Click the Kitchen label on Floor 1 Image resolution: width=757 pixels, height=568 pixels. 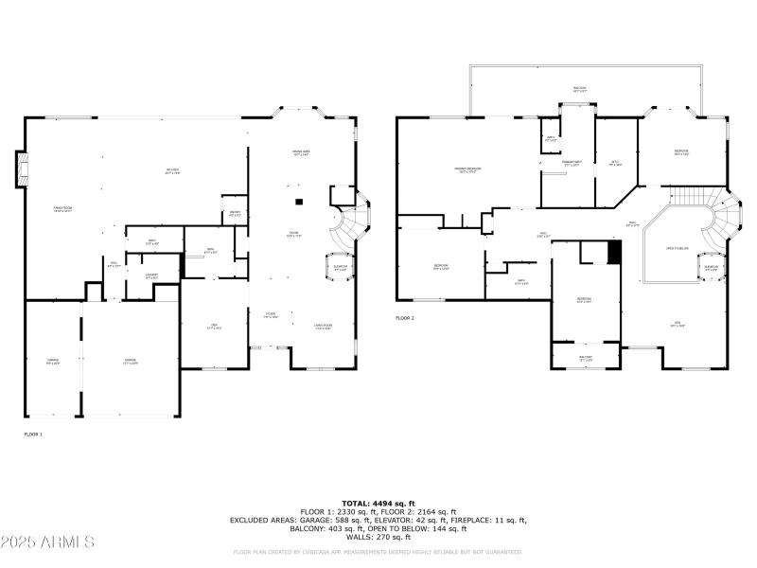pyautogui.click(x=172, y=171)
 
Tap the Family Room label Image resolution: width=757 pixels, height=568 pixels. pyautogui.click(x=64, y=211)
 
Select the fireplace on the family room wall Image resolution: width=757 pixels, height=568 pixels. pyautogui.click(x=20, y=169)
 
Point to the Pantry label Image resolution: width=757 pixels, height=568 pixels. pyautogui.click(x=234, y=213)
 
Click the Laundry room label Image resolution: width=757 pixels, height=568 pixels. pyautogui.click(x=151, y=275)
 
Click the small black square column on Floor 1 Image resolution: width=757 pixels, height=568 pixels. pyautogui.click(x=298, y=201)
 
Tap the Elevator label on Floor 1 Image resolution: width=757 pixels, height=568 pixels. pyautogui.click(x=341, y=267)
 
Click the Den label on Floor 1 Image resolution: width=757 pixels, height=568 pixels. pyautogui.click(x=214, y=328)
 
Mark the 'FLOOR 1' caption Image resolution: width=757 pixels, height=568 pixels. pyautogui.click(x=33, y=434)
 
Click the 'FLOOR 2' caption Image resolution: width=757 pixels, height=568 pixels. pyautogui.click(x=405, y=318)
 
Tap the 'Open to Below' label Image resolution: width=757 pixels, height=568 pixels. pyautogui.click(x=678, y=249)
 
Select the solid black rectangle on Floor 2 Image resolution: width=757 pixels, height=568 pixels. pyautogui.click(x=613, y=253)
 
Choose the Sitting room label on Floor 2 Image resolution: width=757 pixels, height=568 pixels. pyautogui.click(x=614, y=162)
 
